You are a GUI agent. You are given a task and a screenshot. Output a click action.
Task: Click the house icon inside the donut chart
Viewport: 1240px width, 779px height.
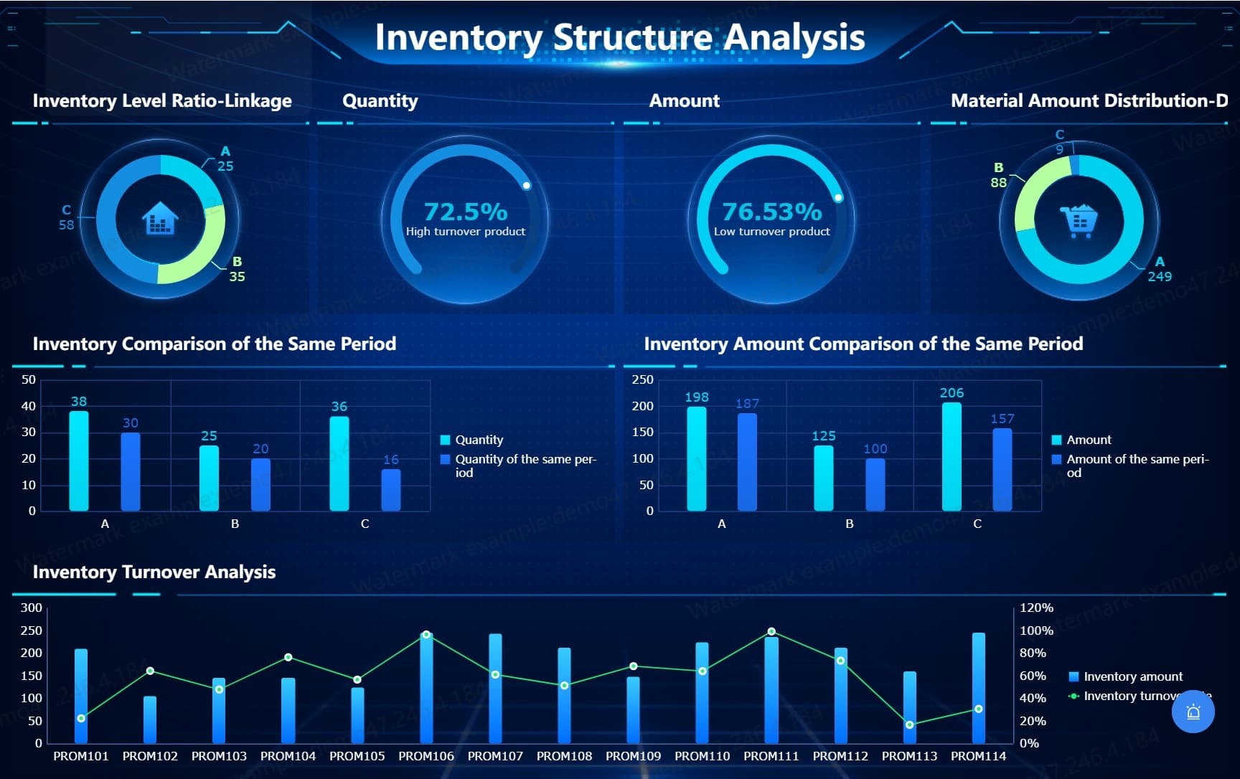pyautogui.click(x=160, y=218)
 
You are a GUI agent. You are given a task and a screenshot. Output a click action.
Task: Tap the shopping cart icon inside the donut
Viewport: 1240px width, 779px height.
pyautogui.click(x=1079, y=220)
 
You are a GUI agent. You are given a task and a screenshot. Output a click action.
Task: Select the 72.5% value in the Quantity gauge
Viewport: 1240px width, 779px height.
pyautogui.click(x=465, y=212)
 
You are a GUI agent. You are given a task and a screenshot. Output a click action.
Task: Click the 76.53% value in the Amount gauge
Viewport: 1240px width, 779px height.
pyautogui.click(x=771, y=212)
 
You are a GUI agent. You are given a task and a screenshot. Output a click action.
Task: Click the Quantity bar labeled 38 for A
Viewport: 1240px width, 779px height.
pyautogui.click(x=79, y=461)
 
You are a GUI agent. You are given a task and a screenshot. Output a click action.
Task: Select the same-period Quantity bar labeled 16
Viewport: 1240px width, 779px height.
pyautogui.click(x=391, y=490)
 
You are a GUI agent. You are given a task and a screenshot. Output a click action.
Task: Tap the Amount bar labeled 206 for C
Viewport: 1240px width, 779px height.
pyautogui.click(x=952, y=457)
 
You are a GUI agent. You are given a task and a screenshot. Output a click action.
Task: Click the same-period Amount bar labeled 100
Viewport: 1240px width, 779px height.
pyautogui.click(x=875, y=485)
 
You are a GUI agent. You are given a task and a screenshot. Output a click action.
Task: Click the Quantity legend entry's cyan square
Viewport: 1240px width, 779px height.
pyautogui.click(x=445, y=440)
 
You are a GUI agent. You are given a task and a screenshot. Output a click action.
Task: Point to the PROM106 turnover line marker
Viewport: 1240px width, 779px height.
pyautogui.click(x=426, y=635)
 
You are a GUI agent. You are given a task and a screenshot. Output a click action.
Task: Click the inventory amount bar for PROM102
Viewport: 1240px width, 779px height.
pyautogui.click(x=150, y=719)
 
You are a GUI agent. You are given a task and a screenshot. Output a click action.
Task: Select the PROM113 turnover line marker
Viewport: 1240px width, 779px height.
pyautogui.click(x=909, y=724)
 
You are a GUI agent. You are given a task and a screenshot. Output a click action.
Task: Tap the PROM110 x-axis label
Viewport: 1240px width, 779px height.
pyautogui.click(x=702, y=756)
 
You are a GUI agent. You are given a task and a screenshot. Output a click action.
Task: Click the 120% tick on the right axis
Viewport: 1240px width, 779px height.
pyautogui.click(x=1036, y=608)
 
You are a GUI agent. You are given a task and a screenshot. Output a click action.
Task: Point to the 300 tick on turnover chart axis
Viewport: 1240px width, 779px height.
pyautogui.click(x=32, y=608)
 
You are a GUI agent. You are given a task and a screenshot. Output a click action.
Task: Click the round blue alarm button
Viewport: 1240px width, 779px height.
pyautogui.click(x=1193, y=712)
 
